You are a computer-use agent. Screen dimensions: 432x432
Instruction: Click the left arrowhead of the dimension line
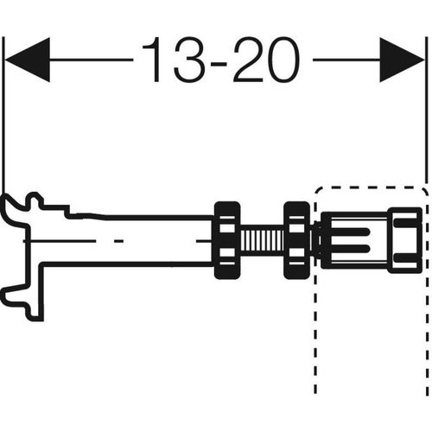[x=28, y=60]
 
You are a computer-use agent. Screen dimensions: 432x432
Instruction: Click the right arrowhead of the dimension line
[x=402, y=60]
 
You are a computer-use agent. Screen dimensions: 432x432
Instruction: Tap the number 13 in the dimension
[x=174, y=60]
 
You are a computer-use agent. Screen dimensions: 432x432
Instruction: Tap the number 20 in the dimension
[x=267, y=60]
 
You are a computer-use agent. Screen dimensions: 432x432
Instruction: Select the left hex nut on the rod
[x=227, y=240]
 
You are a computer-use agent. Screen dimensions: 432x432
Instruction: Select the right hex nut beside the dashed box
[x=297, y=240]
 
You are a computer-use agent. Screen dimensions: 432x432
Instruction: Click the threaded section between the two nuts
[x=262, y=240]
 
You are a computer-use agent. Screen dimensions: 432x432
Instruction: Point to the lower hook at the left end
[x=15, y=295]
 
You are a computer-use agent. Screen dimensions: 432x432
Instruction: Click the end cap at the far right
[x=405, y=240]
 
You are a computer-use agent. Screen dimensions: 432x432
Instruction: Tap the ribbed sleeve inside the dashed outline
[x=354, y=240]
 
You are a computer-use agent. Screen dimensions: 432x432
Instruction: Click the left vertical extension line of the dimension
[x=3, y=115]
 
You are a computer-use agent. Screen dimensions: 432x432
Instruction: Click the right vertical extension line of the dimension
[x=425, y=111]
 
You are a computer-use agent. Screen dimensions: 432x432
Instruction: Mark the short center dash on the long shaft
[x=118, y=240]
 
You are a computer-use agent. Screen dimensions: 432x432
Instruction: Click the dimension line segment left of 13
[x=92, y=60]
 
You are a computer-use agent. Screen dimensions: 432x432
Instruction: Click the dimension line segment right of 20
[x=346, y=60]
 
